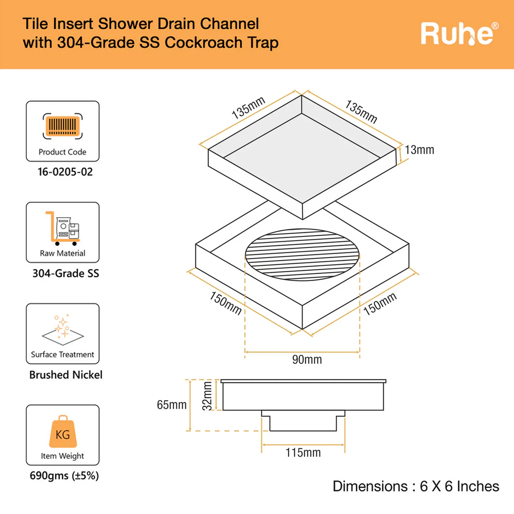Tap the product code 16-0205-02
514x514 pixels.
(x=65, y=172)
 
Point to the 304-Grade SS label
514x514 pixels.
(x=66, y=274)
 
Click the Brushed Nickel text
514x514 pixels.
(x=66, y=375)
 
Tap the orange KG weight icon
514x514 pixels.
(x=63, y=432)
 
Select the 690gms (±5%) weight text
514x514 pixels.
(x=64, y=476)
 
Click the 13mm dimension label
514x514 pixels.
(x=419, y=150)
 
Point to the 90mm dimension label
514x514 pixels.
(x=307, y=360)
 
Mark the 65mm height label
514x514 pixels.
(x=171, y=405)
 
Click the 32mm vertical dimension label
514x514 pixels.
(x=207, y=396)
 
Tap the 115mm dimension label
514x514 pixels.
(x=303, y=453)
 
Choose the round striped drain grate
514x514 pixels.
(x=302, y=255)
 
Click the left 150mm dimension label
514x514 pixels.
(x=226, y=303)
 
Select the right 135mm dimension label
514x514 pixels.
(x=361, y=112)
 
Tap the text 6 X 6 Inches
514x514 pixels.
(x=459, y=486)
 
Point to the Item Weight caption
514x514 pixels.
(x=62, y=456)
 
